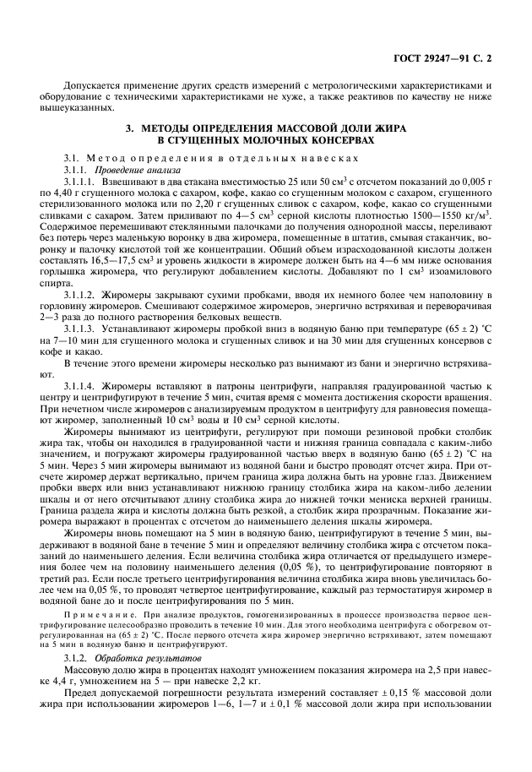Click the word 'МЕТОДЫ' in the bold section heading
[x=171, y=128]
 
